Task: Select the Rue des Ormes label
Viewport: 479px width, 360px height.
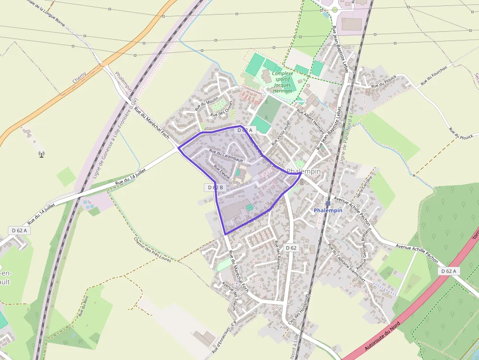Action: pyautogui.click(x=222, y=111)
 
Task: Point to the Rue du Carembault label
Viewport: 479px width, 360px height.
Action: pyautogui.click(x=226, y=155)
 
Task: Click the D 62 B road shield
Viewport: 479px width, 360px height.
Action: pyautogui.click(x=215, y=187)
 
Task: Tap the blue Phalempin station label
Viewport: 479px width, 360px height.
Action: pyautogui.click(x=328, y=211)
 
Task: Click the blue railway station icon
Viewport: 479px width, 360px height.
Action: pyautogui.click(x=328, y=203)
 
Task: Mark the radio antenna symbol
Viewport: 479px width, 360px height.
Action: pyautogui.click(x=42, y=154)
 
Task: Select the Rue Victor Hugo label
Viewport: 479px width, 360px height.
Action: pyautogui.click(x=281, y=132)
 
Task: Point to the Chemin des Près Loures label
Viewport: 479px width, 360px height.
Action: pyautogui.click(x=152, y=249)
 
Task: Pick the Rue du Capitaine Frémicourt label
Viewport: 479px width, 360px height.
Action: pyautogui.click(x=348, y=263)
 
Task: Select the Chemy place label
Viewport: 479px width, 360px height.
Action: pyautogui.click(x=79, y=77)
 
